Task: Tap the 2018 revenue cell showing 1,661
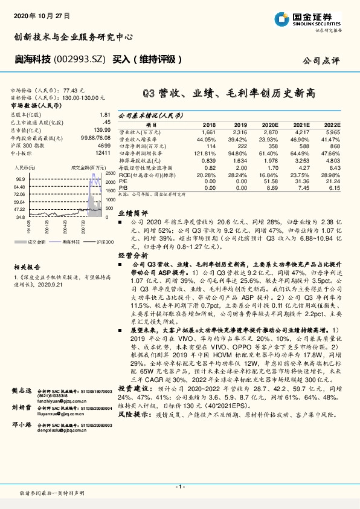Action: pyautogui.click(x=208, y=132)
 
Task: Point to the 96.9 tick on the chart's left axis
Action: pyautogui.click(x=20, y=180)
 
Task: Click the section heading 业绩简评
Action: pyautogui.click(x=132, y=214)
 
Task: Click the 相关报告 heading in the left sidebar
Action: pyautogui.click(x=27, y=266)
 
